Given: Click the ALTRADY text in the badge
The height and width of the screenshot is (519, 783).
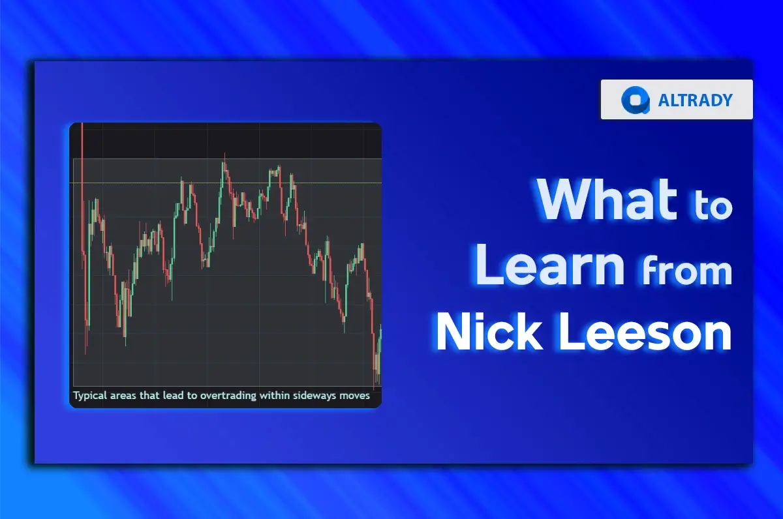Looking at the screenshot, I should pyautogui.click(x=696, y=100).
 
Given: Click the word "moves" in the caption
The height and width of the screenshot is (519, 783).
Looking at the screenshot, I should pyautogui.click(x=355, y=395).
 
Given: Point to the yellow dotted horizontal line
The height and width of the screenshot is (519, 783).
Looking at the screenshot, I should pyautogui.click(x=228, y=183).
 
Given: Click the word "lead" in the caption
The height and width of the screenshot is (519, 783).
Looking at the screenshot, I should pyautogui.click(x=170, y=395).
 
